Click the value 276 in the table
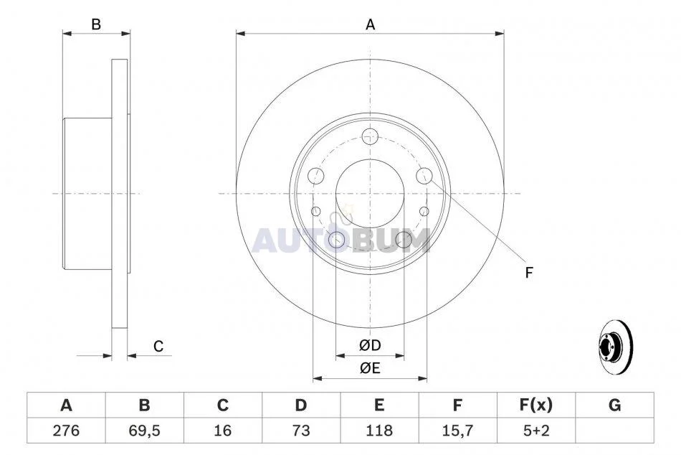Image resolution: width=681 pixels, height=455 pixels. (66, 430)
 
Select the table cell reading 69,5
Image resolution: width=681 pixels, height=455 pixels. (144, 430)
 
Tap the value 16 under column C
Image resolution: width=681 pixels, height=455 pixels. (223, 430)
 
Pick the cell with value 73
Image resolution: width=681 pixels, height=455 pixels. (301, 430)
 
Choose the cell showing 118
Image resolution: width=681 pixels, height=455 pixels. (380, 430)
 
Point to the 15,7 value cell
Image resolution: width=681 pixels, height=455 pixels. (458, 430)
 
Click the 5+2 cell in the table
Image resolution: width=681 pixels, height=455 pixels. (536, 430)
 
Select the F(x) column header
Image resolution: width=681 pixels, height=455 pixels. (536, 405)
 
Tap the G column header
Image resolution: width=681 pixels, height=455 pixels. (614, 405)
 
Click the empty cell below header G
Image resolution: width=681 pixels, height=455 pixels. (614, 430)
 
